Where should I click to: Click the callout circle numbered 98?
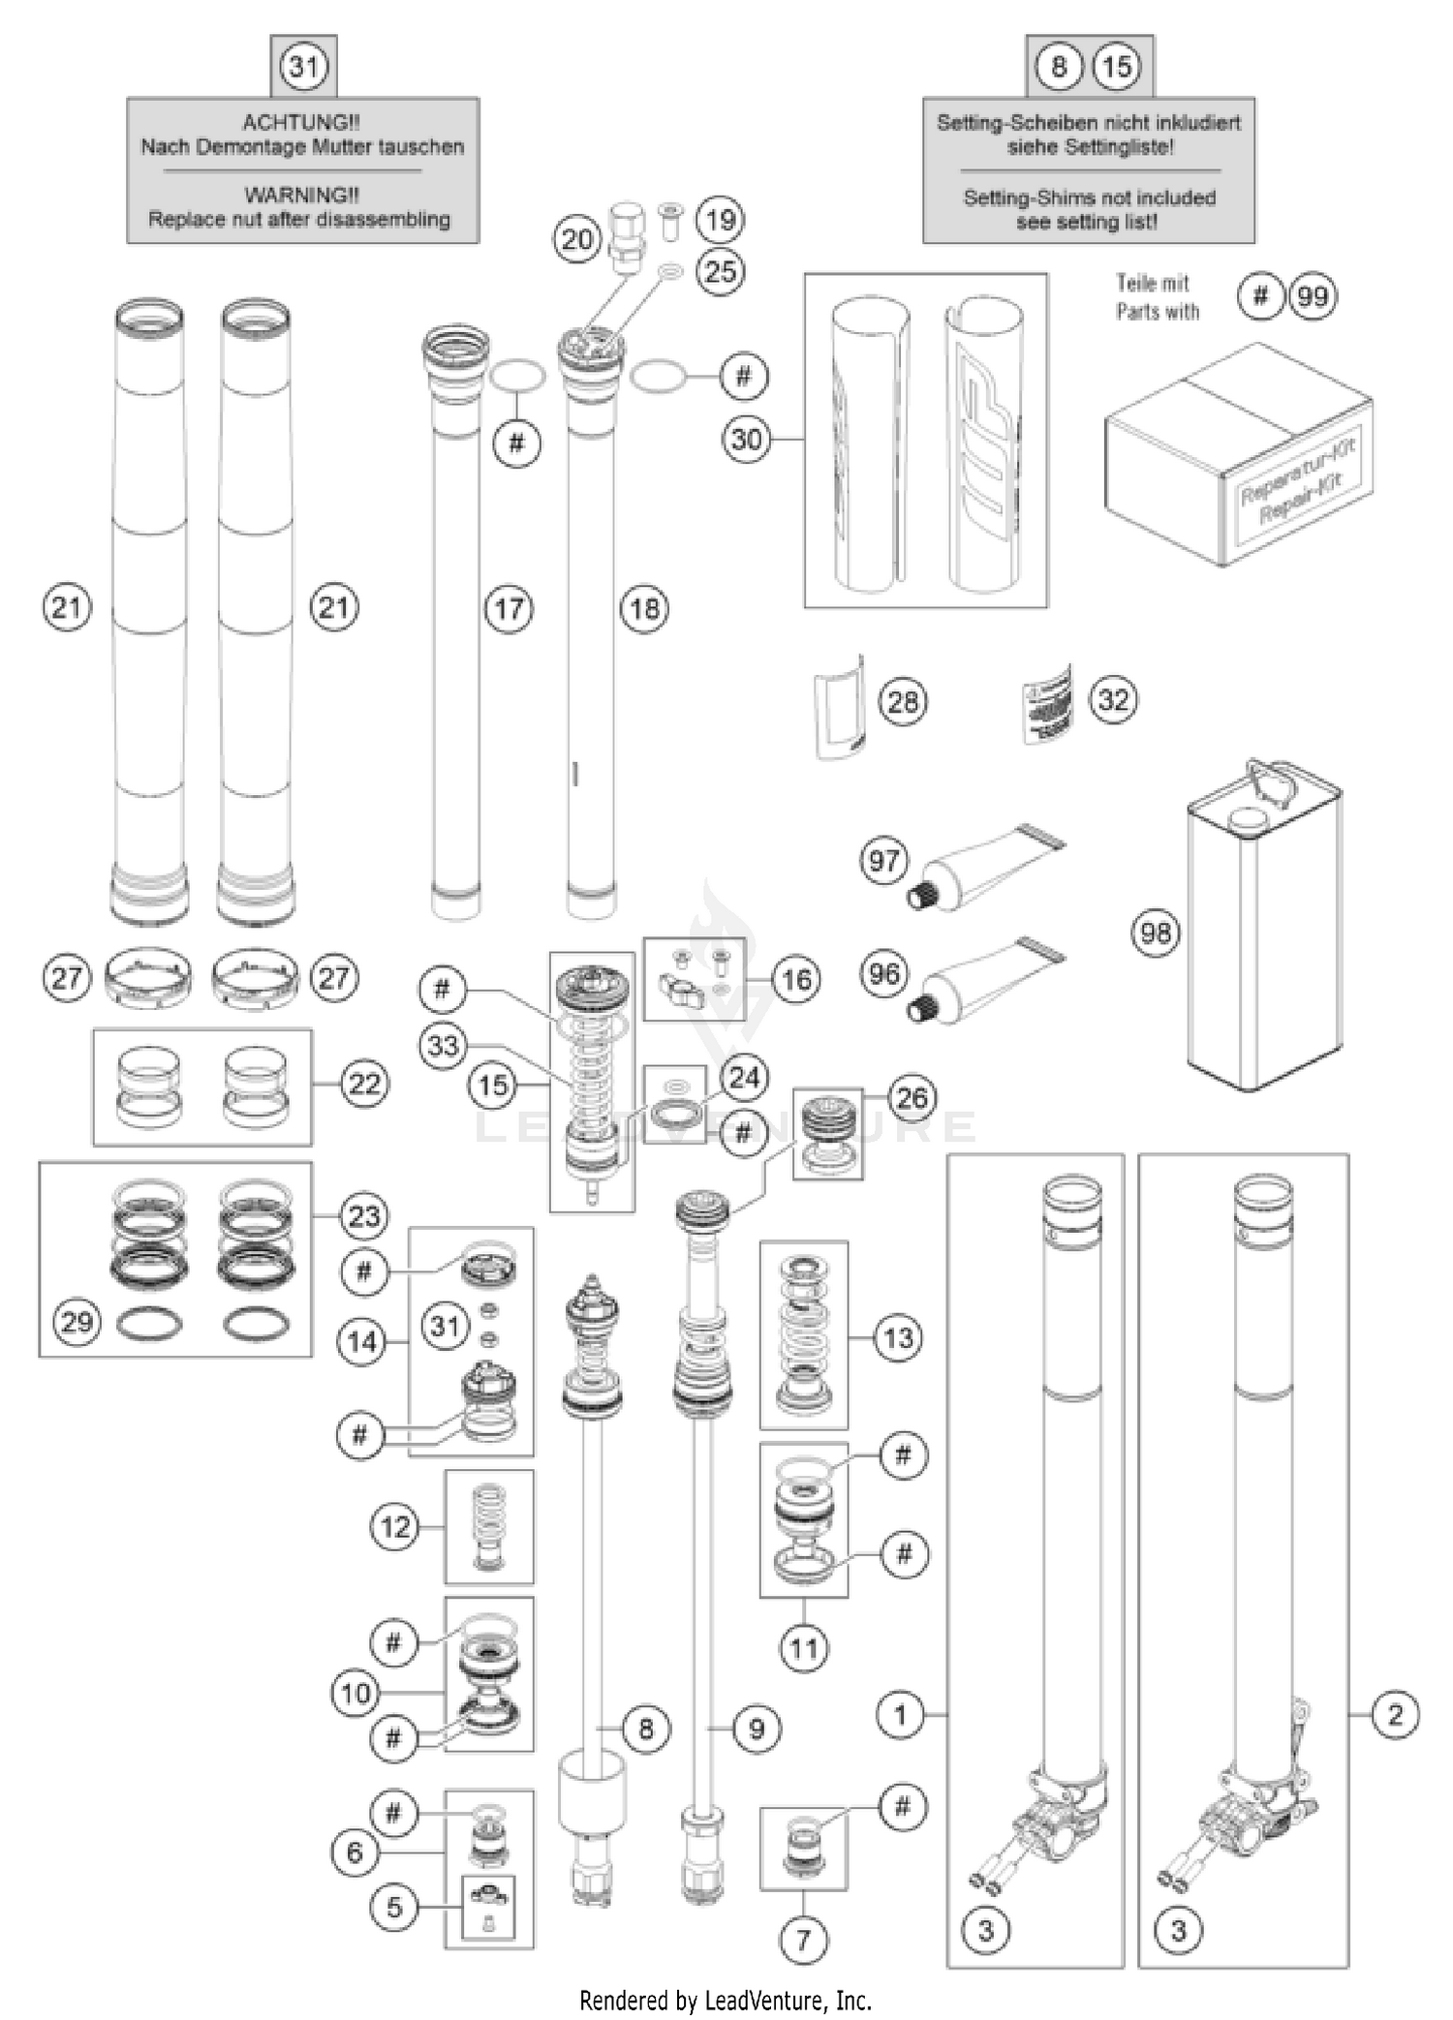click(x=1156, y=933)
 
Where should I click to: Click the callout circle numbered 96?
click(x=883, y=973)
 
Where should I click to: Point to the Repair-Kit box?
click(x=1238, y=455)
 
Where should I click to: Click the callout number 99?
click(x=1312, y=296)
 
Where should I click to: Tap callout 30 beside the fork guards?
click(x=746, y=440)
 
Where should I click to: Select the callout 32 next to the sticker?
click(x=1113, y=699)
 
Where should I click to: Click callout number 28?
click(x=903, y=701)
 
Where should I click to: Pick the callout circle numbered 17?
click(x=510, y=609)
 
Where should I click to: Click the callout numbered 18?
click(x=645, y=609)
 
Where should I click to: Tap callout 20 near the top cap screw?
click(x=576, y=239)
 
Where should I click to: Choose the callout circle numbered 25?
click(x=721, y=271)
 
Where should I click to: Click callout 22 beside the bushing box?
click(x=364, y=1084)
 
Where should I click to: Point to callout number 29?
click(x=77, y=1322)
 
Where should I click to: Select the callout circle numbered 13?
click(x=898, y=1338)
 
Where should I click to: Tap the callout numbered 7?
click(x=803, y=1940)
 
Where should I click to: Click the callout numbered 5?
click(x=393, y=1907)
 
